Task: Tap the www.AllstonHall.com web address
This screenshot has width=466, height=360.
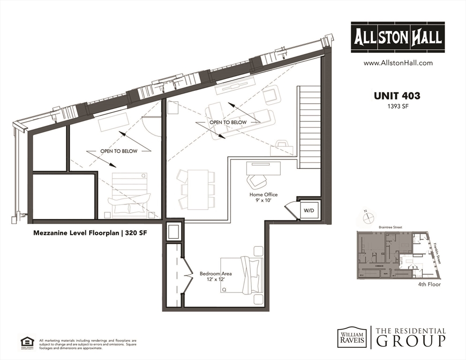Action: point(398,63)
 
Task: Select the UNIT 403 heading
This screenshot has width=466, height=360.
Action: point(397,96)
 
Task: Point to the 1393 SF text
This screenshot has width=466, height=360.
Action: point(397,106)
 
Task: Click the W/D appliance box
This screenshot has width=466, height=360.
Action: point(308,211)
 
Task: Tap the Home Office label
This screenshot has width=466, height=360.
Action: point(263,194)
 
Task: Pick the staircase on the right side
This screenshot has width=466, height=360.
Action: point(309,127)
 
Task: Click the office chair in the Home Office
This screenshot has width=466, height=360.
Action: point(257,180)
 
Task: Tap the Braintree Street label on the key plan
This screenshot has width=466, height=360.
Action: point(391,227)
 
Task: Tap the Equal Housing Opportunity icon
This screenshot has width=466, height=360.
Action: point(26,342)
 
